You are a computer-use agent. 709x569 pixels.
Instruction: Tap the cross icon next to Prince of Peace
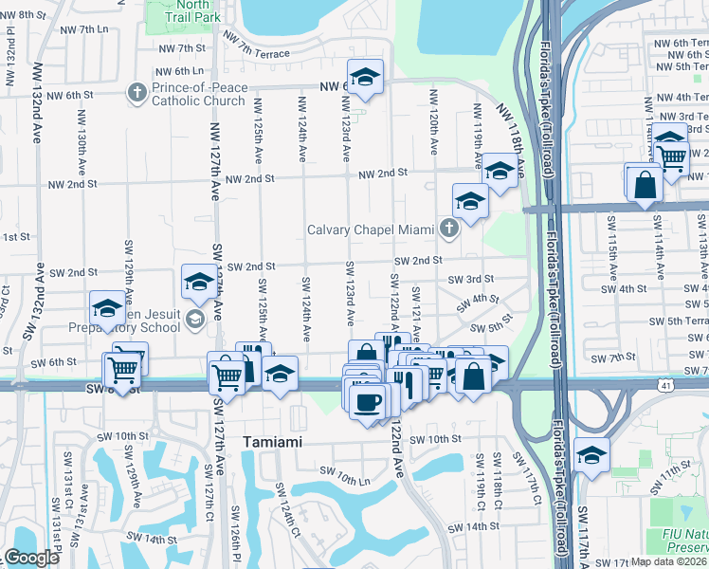(x=136, y=92)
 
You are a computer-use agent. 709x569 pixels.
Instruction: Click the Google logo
(x=31, y=558)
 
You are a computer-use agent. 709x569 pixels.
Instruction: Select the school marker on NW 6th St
(x=364, y=80)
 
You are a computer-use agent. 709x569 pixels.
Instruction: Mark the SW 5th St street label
(x=495, y=323)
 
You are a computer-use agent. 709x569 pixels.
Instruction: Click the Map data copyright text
(x=668, y=561)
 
